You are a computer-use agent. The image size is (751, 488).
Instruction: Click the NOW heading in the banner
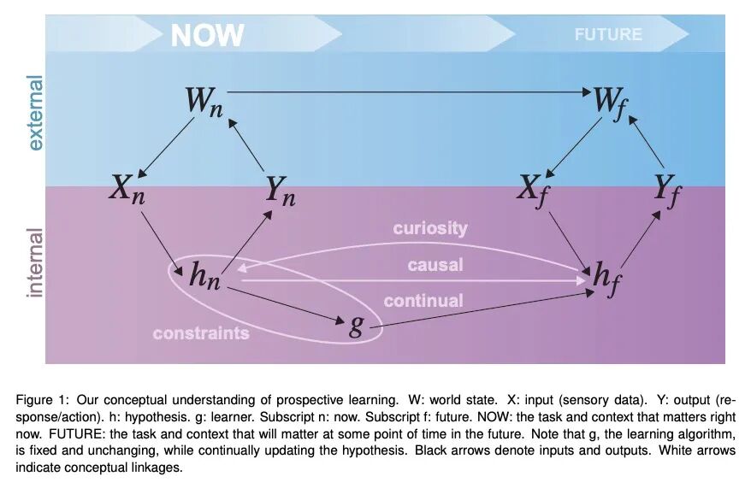coord(207,36)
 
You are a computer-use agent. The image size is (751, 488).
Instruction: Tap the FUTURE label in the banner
coord(607,35)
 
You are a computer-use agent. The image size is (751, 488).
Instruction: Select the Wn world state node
coord(204,103)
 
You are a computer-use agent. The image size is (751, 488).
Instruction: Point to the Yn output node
coord(280,191)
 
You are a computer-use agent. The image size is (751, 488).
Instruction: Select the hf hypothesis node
coord(605,278)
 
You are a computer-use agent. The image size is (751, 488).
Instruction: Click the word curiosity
coord(430,228)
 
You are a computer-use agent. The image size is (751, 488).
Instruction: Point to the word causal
coord(435,265)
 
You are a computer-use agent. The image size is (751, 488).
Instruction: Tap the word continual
coord(423,301)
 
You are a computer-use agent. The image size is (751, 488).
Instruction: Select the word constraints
coord(201,333)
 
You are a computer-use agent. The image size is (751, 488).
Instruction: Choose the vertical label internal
coord(35,262)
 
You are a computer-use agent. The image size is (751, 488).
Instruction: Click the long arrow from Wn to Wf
coord(411,91)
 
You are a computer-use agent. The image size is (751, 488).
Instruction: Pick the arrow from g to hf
coord(488,309)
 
